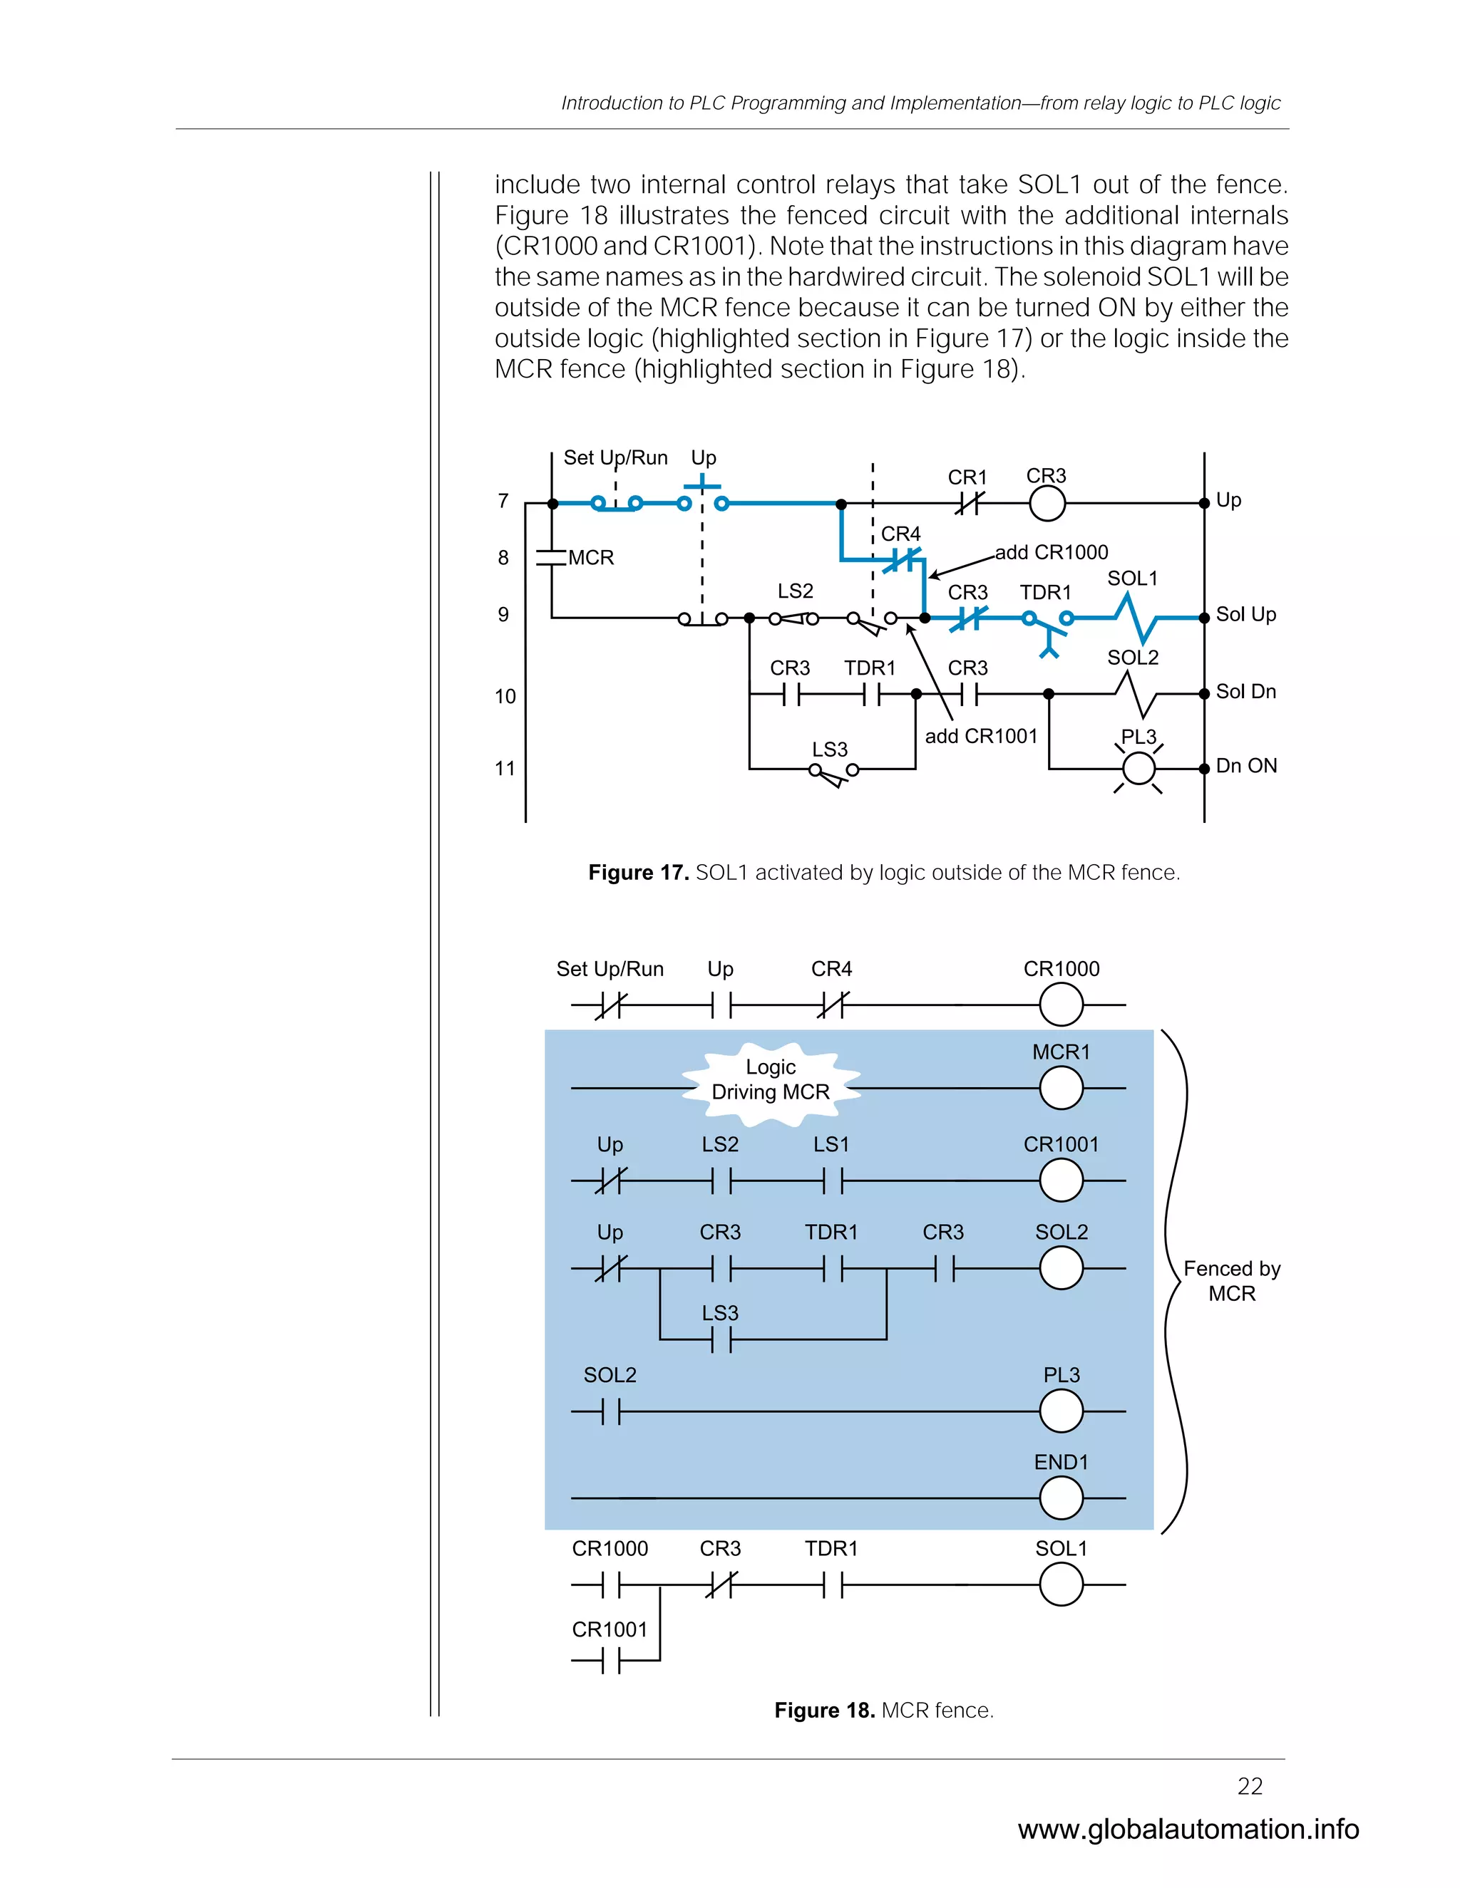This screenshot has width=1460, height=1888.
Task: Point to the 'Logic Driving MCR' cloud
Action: click(770, 1081)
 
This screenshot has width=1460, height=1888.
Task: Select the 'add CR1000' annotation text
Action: click(1051, 552)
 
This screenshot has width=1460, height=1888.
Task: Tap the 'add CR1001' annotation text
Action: click(981, 736)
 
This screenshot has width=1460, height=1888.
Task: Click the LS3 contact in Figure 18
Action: click(721, 1340)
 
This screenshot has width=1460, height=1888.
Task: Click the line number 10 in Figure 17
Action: click(505, 696)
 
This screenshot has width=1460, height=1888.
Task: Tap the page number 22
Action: click(1250, 1786)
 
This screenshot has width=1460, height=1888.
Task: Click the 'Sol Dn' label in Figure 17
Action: click(1245, 692)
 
